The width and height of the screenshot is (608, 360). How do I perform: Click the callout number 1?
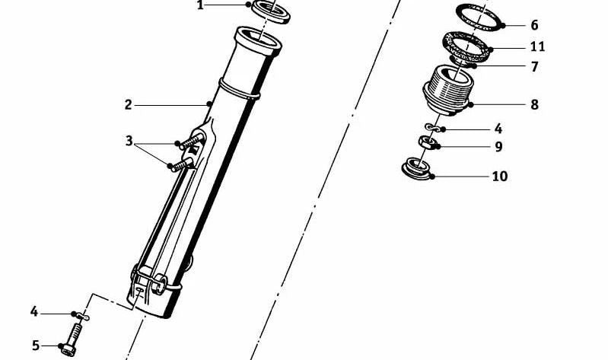[200, 6]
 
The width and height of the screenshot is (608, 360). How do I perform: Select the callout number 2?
[129, 105]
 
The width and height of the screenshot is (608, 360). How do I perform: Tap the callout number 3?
[129, 141]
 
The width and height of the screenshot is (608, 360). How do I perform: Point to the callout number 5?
[36, 346]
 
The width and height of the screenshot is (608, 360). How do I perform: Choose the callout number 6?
[534, 25]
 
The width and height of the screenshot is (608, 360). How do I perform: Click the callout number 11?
[537, 46]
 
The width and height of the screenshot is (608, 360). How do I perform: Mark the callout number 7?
[534, 67]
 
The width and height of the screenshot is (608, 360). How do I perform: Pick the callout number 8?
[534, 104]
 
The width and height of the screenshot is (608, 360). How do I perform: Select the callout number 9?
[498, 146]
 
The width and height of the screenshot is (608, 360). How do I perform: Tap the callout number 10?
[499, 177]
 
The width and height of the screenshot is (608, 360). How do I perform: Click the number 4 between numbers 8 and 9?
[498, 129]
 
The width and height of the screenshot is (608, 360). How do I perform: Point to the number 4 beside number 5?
[34, 311]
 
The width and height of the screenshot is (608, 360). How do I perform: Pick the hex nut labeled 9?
[428, 142]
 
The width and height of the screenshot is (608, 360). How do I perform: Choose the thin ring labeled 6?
[481, 17]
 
